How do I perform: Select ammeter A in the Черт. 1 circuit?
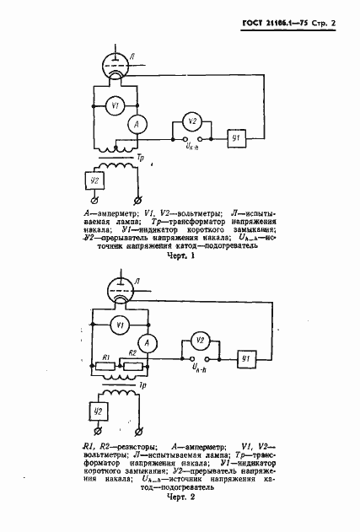(x=133, y=125)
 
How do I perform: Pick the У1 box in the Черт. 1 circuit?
(x=237, y=137)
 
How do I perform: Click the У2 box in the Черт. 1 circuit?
(x=95, y=180)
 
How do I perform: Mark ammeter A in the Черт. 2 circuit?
(x=144, y=342)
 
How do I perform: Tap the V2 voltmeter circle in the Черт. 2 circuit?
(x=199, y=341)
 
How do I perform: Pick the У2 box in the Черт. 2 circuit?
(x=99, y=411)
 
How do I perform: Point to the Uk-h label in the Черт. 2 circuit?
(x=197, y=368)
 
